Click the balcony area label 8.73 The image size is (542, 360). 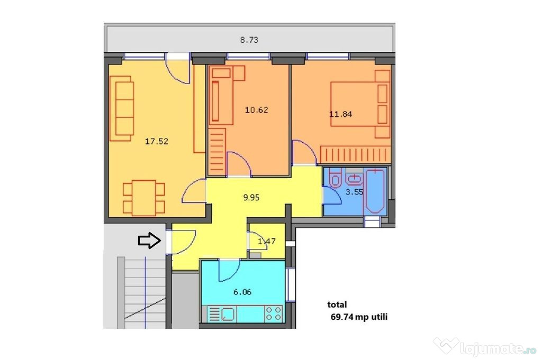[x=249, y=40]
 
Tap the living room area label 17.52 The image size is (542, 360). [x=157, y=141]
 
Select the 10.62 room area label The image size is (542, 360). [x=257, y=110]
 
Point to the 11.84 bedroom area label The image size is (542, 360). [x=340, y=114]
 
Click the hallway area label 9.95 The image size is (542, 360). [x=251, y=197]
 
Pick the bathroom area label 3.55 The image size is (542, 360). [x=354, y=192]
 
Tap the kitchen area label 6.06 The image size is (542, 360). [x=242, y=292]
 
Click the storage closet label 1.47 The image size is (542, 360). [x=267, y=241]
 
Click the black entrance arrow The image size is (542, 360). [x=150, y=240]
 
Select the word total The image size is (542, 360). [x=337, y=304]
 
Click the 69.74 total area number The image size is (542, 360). [x=342, y=317]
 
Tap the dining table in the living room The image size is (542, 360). [x=144, y=198]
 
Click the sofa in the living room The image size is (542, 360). [x=121, y=108]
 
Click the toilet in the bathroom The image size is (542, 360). [x=335, y=178]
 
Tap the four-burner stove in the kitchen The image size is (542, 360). [x=274, y=313]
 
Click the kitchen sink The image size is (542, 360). [x=228, y=314]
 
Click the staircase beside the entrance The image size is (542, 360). [x=142, y=292]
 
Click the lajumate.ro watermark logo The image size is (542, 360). [x=485, y=347]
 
